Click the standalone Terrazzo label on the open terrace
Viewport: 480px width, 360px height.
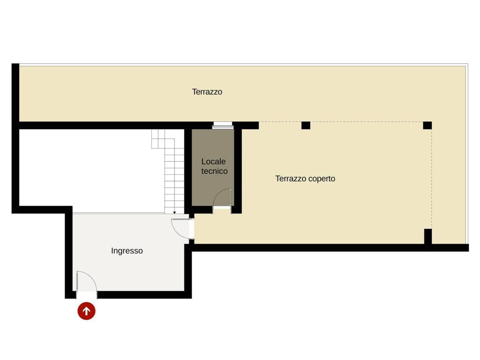point(207,92)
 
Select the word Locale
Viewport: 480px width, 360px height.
point(213,161)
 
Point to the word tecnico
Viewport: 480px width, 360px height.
point(214,171)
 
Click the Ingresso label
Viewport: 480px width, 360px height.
point(127,251)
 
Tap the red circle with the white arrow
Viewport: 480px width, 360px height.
point(86,311)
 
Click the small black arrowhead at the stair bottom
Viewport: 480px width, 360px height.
point(174,212)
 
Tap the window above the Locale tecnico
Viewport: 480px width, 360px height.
point(223,125)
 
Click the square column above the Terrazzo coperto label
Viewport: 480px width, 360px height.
point(306,126)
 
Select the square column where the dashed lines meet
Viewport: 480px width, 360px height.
point(427,126)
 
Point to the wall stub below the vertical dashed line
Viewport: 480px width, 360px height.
point(428,237)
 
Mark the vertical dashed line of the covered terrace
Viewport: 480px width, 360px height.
point(432,179)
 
